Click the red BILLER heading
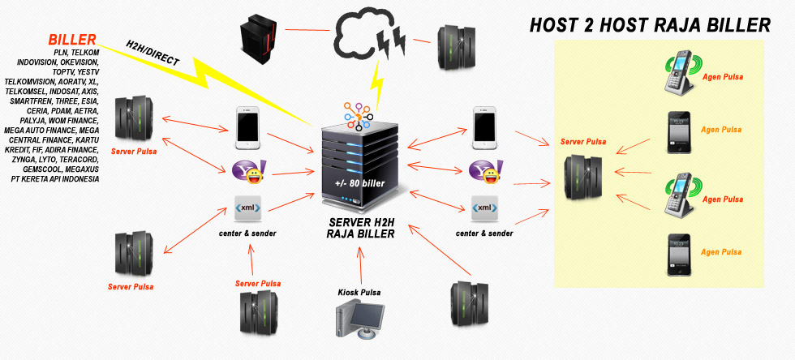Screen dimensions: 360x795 point(72,39)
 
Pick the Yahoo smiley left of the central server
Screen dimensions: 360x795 point(247,171)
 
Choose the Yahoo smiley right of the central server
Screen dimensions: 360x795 point(486,170)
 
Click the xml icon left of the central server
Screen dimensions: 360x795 point(247,208)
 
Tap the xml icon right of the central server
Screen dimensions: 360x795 point(485,208)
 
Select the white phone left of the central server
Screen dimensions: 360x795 point(247,128)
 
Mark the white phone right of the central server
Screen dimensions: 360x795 point(485,128)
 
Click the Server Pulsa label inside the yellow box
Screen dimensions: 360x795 point(583,142)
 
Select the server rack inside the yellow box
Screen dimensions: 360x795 point(583,179)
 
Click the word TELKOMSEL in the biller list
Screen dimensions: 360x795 point(27,92)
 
